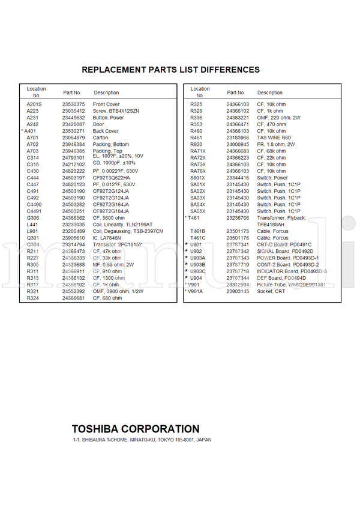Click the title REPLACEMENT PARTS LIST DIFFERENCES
(170, 70)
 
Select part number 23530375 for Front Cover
(73, 104)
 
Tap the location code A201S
(34, 104)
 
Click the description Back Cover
(106, 131)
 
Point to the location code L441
(32, 225)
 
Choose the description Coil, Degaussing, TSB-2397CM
(128, 231)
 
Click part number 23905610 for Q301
(73, 238)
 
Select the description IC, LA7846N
(107, 238)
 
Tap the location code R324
(32, 298)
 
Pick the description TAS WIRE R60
(274, 138)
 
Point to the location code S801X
(197, 178)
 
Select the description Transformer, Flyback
(281, 218)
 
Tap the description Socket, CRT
(271, 291)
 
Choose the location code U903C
(197, 271)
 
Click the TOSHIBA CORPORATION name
(136, 429)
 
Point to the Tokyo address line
(142, 440)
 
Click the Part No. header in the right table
(236, 93)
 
